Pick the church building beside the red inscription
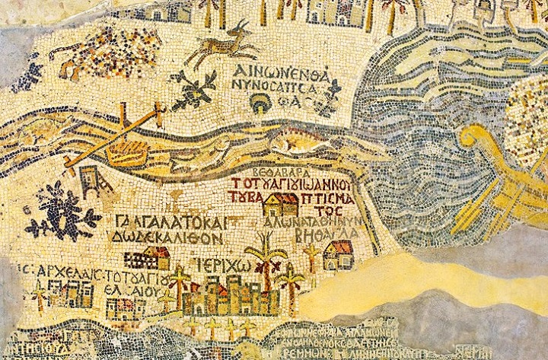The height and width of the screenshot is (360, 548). (280, 205)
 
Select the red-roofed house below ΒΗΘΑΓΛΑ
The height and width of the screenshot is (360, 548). (338, 255)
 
